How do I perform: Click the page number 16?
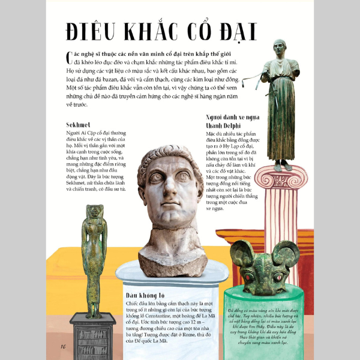click(62, 347)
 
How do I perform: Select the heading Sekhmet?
click(78, 125)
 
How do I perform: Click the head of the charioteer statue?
click(279, 47)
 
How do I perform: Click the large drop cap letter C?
click(69, 57)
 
